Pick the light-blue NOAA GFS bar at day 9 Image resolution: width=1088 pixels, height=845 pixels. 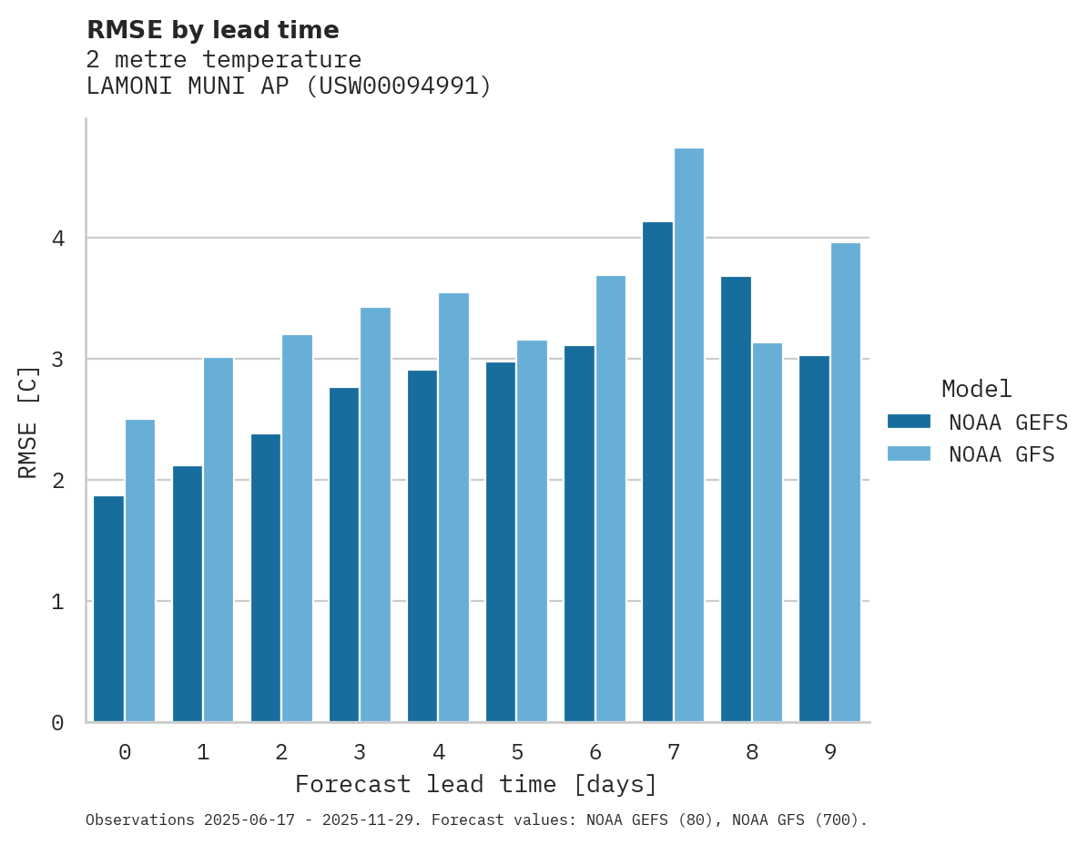point(846,483)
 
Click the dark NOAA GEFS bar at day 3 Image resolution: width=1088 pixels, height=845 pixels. point(344,555)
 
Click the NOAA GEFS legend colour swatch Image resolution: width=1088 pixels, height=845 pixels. point(909,422)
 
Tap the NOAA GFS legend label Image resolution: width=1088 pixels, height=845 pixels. point(1002,454)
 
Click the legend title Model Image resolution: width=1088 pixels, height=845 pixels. point(976,390)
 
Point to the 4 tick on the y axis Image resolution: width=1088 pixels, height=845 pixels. point(57,239)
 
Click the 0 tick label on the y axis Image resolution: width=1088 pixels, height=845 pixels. point(57,723)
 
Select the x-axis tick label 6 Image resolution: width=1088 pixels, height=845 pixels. point(595,752)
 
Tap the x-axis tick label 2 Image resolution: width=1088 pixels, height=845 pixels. point(281,752)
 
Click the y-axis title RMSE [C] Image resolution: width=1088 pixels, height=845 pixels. point(28,422)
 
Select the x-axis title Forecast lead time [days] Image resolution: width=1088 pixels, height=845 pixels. point(476,784)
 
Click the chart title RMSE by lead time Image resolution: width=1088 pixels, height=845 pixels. point(212,30)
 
